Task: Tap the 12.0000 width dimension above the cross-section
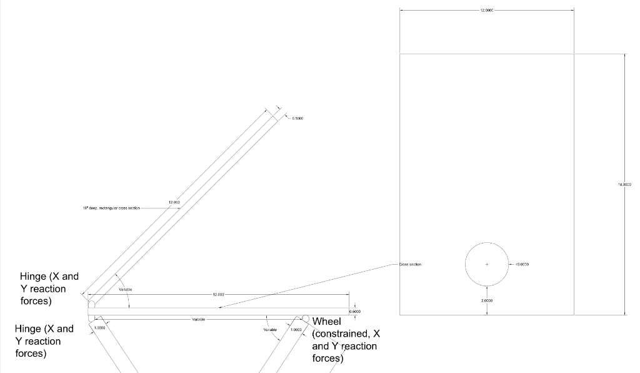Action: click(487, 10)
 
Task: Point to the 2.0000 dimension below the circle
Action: click(487, 301)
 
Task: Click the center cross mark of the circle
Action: click(487, 265)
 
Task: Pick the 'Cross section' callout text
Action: click(410, 265)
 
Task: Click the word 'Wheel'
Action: click(327, 322)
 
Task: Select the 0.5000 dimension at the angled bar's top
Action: click(297, 118)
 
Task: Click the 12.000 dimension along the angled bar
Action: click(174, 202)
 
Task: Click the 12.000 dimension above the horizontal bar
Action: click(218, 294)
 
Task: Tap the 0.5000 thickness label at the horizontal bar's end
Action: click(355, 312)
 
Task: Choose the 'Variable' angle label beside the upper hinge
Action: click(125, 290)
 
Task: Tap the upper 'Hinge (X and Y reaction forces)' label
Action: click(49, 289)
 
